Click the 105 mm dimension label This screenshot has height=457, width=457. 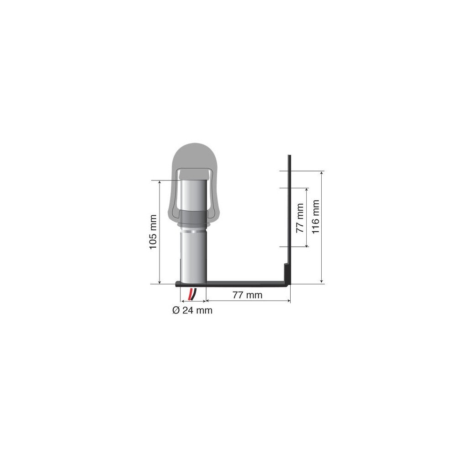click(x=153, y=232)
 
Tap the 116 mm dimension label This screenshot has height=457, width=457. click(x=315, y=217)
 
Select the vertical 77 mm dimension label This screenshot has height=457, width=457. click(x=300, y=218)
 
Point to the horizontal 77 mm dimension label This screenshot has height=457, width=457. click(x=247, y=295)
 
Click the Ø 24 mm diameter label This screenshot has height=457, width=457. click(x=192, y=310)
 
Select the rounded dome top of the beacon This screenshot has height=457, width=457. click(x=195, y=157)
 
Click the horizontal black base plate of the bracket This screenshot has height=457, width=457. click(x=233, y=283)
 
